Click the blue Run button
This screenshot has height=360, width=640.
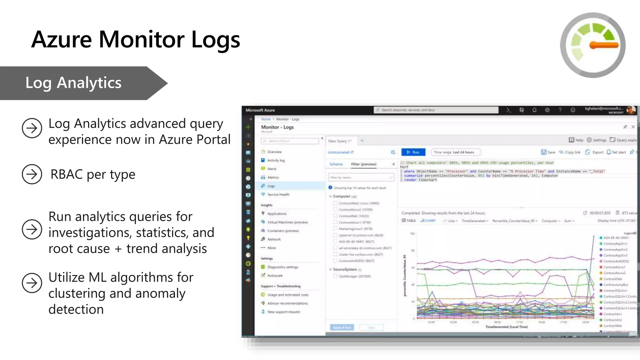[413, 152]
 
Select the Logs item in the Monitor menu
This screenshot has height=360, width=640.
[271, 186]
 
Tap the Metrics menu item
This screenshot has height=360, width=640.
[273, 177]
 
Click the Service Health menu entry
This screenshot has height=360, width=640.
[278, 194]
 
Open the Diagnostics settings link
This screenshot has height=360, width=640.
[282, 267]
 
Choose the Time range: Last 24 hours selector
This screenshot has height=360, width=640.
[455, 152]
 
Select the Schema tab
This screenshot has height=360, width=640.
[336, 164]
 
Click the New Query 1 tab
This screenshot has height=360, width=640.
[340, 141]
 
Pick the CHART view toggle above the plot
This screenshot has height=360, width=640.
[428, 221]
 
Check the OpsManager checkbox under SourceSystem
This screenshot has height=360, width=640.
[335, 276]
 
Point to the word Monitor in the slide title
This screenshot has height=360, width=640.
[142, 40]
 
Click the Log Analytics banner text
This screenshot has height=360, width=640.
[73, 83]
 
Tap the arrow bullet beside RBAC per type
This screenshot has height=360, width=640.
[32, 174]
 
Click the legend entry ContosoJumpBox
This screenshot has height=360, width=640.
[615, 285]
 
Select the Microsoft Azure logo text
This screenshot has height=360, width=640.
[260, 110]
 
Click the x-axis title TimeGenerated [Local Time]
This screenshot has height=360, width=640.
[506, 327]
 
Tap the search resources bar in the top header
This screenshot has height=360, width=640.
[436, 110]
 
